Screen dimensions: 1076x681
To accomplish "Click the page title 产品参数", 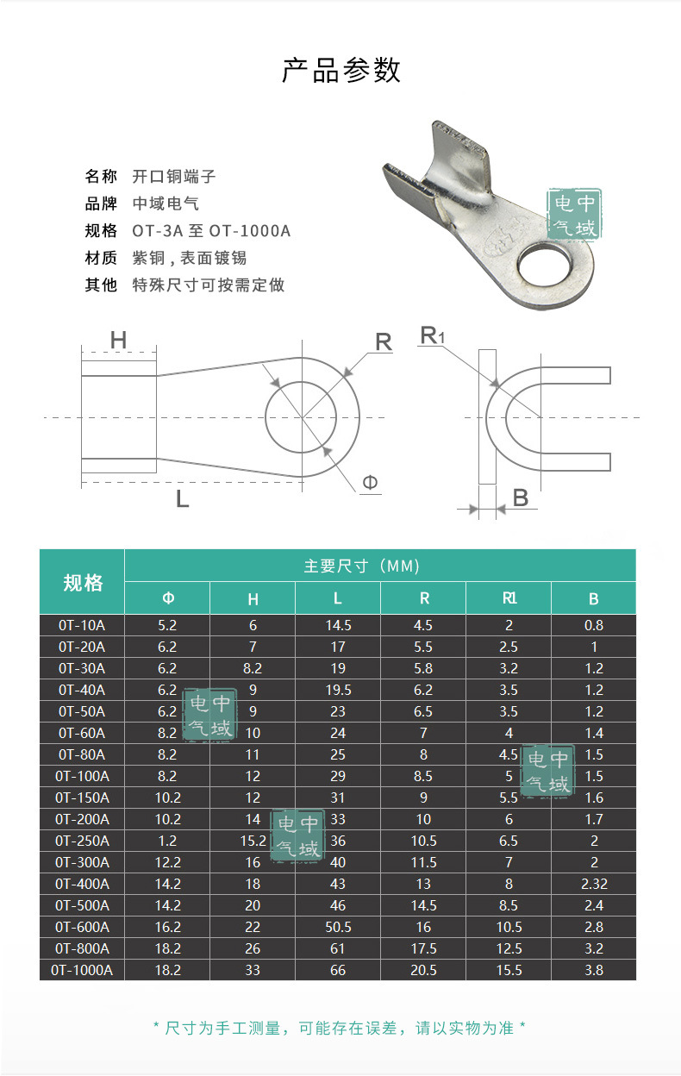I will click(x=341, y=71).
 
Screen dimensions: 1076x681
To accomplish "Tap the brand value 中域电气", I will click(x=166, y=203).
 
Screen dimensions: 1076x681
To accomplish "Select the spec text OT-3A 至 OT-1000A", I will click(x=211, y=231).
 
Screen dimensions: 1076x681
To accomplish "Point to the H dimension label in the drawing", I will click(x=118, y=341).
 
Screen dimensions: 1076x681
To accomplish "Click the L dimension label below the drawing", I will click(x=182, y=498).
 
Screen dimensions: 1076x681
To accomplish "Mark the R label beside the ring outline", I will click(x=383, y=342).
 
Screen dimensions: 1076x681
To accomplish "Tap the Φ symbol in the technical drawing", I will click(x=370, y=483).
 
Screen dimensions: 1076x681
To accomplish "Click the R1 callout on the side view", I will click(x=432, y=335).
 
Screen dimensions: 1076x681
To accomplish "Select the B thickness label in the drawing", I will click(x=520, y=497).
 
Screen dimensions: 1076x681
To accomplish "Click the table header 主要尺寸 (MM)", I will click(x=361, y=566).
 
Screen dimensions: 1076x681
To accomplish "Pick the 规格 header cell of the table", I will click(x=83, y=583).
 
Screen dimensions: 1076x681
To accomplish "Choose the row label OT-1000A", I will click(x=82, y=970).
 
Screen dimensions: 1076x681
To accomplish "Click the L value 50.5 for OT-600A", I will click(x=338, y=927).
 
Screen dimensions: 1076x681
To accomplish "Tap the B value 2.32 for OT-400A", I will click(x=593, y=884).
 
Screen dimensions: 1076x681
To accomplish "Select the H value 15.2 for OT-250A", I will click(x=253, y=841).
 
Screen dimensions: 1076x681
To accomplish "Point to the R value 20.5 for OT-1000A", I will click(x=423, y=970).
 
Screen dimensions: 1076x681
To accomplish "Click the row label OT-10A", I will click(x=82, y=625).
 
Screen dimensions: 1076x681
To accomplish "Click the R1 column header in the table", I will click(x=509, y=598).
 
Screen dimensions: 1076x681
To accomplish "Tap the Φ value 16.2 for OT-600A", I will click(x=168, y=927).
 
